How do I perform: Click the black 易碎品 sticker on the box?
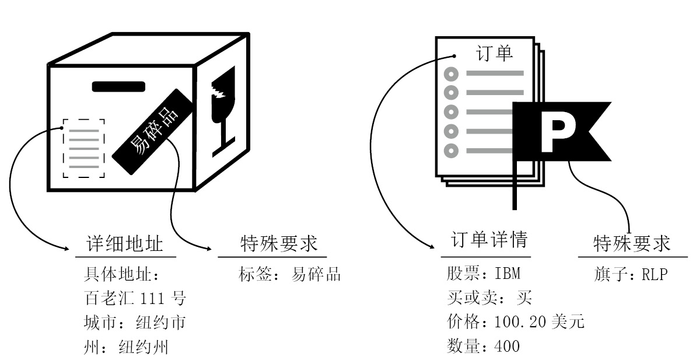(152, 131)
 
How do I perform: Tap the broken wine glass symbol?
(223, 111)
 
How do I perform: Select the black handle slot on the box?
(118, 86)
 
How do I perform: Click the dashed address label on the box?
(84, 148)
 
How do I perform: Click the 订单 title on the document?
(495, 53)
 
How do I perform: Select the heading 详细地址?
(125, 244)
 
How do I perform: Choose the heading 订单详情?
(489, 240)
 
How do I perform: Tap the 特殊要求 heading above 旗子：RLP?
(632, 243)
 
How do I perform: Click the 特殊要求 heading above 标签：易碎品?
(279, 244)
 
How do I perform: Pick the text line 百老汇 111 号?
(135, 298)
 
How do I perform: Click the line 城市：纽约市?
(135, 323)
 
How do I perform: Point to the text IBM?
(508, 274)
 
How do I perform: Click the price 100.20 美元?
(539, 321)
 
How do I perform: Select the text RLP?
(655, 274)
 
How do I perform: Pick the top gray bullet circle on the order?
(451, 74)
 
